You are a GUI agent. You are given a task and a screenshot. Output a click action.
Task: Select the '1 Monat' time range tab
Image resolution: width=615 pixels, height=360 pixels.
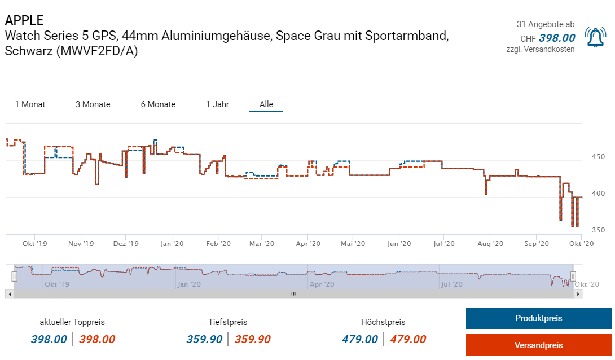coord(30,104)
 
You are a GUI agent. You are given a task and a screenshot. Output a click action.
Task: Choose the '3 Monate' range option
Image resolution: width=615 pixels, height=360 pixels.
coord(93,104)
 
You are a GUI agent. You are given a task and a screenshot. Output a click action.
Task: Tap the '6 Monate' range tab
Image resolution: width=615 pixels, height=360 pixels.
coord(158,104)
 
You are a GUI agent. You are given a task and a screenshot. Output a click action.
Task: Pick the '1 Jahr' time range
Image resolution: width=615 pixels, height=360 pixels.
coord(217,104)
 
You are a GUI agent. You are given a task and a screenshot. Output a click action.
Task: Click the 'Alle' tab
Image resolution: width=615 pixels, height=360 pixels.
coord(266,104)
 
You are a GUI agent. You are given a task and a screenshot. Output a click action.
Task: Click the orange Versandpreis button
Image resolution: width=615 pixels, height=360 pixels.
coord(538,345)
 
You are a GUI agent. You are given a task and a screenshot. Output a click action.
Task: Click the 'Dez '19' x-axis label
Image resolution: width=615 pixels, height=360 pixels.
coord(125,244)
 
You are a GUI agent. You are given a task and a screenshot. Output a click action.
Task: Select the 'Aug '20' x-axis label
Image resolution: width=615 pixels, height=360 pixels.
coord(490,244)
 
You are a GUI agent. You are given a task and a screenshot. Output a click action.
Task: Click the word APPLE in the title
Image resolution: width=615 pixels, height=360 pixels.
coord(24,20)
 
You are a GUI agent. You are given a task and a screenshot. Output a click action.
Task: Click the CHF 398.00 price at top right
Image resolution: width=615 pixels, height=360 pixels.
coord(556,38)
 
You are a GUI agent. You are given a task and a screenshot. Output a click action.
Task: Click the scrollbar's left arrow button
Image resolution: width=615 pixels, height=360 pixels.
coord(9,294)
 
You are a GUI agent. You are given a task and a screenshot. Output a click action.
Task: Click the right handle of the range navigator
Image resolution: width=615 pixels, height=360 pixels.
coord(573,276)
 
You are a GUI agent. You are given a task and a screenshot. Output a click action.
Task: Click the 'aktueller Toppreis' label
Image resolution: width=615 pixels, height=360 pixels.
coord(72,322)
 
